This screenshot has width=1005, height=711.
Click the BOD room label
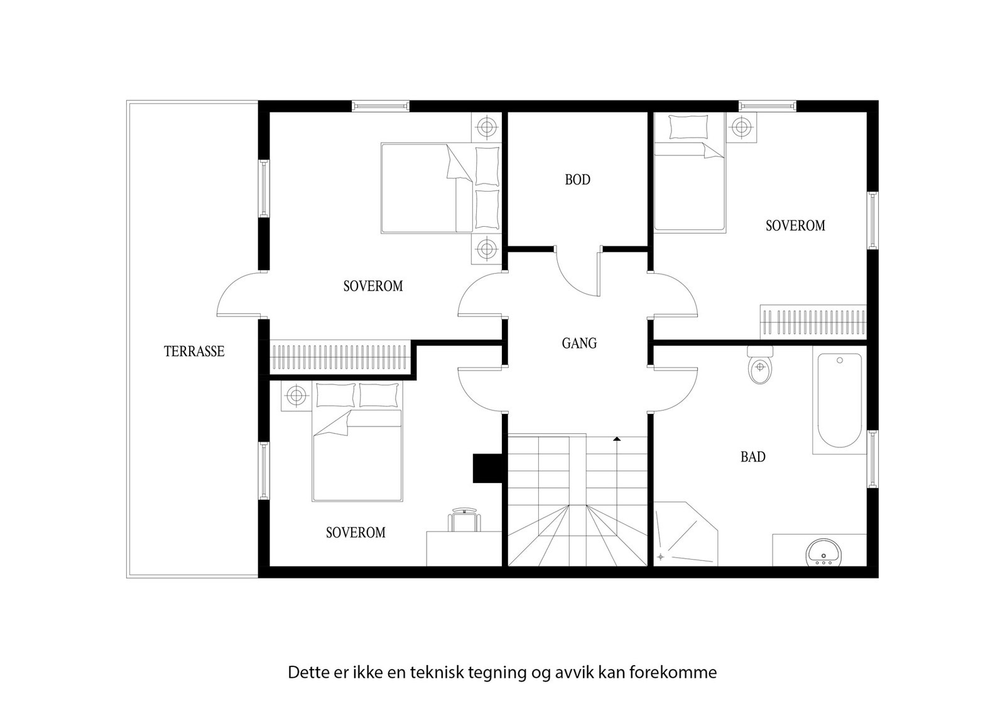(577, 180)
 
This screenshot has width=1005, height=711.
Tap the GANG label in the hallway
(579, 344)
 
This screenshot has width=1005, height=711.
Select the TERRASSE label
(194, 352)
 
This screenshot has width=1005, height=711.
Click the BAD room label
(752, 457)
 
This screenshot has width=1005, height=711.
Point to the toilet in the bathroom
(760, 367)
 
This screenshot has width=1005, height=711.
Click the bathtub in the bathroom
(839, 401)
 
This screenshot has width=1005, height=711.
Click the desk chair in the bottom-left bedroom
(464, 520)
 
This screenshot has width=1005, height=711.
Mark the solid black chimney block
(487, 468)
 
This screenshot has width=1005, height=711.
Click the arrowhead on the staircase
(617, 439)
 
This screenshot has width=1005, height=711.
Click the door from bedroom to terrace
(239, 295)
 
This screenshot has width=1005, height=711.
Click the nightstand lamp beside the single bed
(742, 128)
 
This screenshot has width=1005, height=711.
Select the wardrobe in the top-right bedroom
(813, 322)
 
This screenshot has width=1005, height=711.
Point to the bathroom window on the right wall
(872, 459)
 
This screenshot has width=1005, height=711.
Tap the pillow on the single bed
(688, 127)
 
